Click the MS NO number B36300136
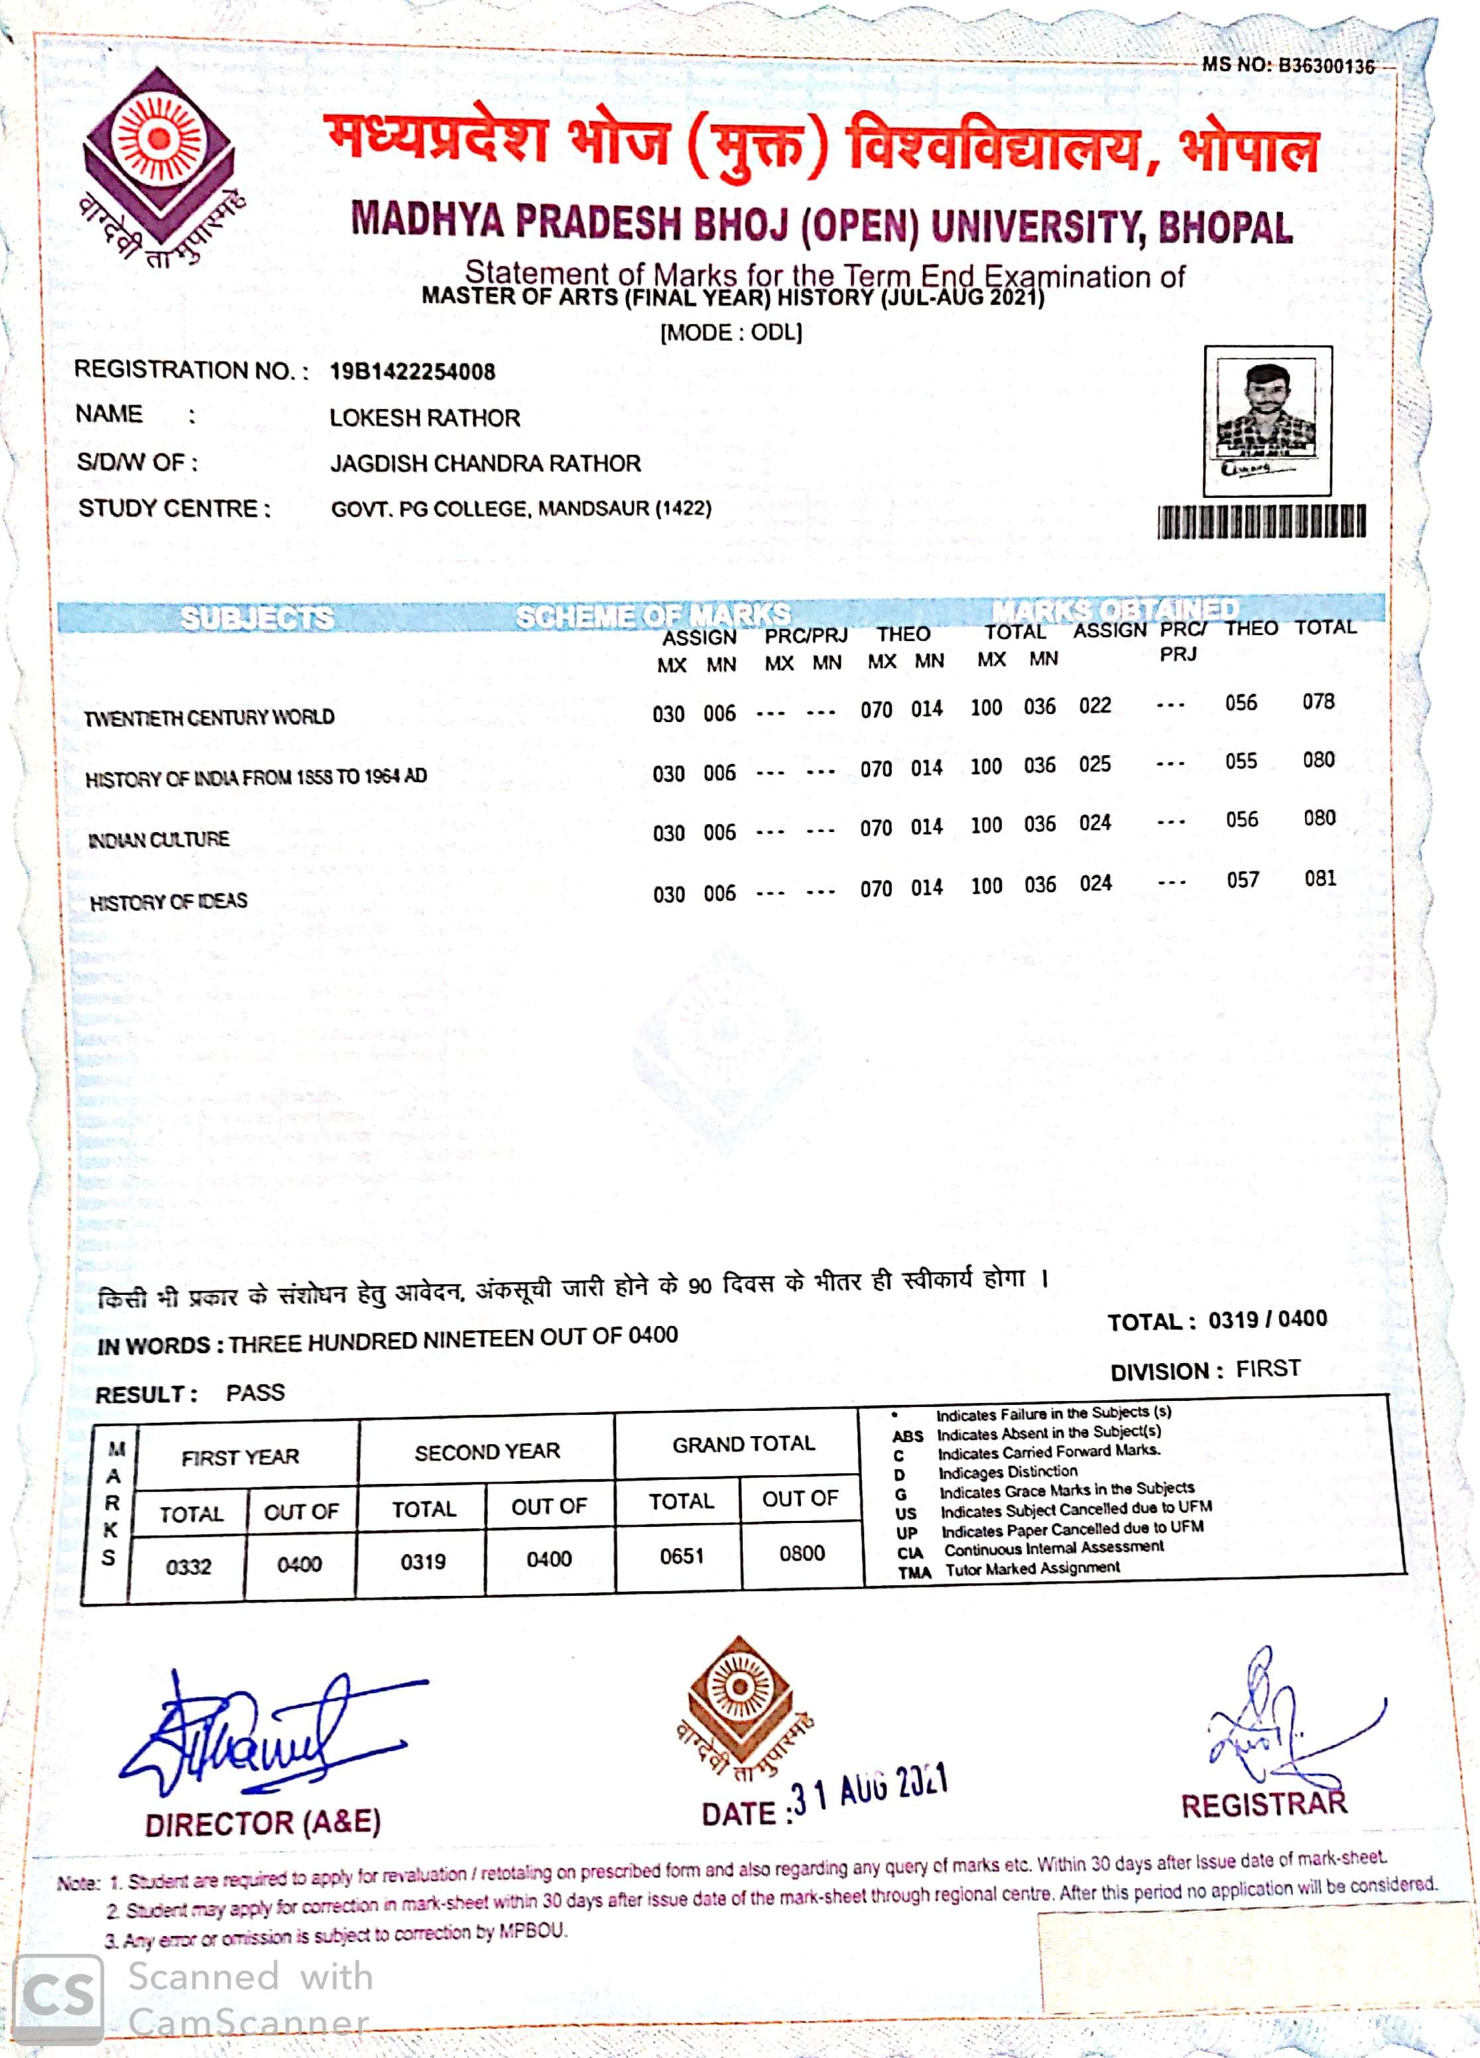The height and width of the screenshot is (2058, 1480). pyautogui.click(x=1326, y=66)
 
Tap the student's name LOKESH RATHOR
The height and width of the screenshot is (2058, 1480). pyautogui.click(x=424, y=418)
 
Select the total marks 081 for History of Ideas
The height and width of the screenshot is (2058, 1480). pyautogui.click(x=1320, y=878)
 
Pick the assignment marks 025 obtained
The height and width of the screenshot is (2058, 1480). pyautogui.click(x=1094, y=764)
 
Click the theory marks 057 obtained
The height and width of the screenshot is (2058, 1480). pyautogui.click(x=1242, y=880)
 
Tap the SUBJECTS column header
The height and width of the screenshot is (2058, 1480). pyautogui.click(x=257, y=619)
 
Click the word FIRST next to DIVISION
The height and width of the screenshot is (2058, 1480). pyautogui.click(x=1268, y=1368)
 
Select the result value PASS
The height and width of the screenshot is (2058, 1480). pyautogui.click(x=255, y=1393)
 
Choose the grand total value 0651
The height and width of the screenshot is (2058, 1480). pyautogui.click(x=682, y=1556)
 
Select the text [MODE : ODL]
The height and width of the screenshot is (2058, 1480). pyautogui.click(x=731, y=333)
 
